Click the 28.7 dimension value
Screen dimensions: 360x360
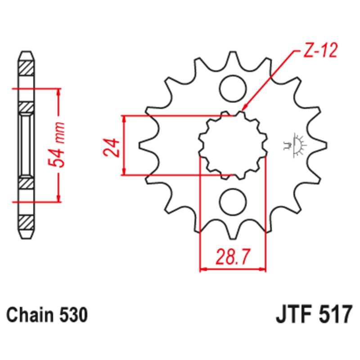tap(233, 258)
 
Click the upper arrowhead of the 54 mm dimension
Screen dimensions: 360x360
tap(58, 92)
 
